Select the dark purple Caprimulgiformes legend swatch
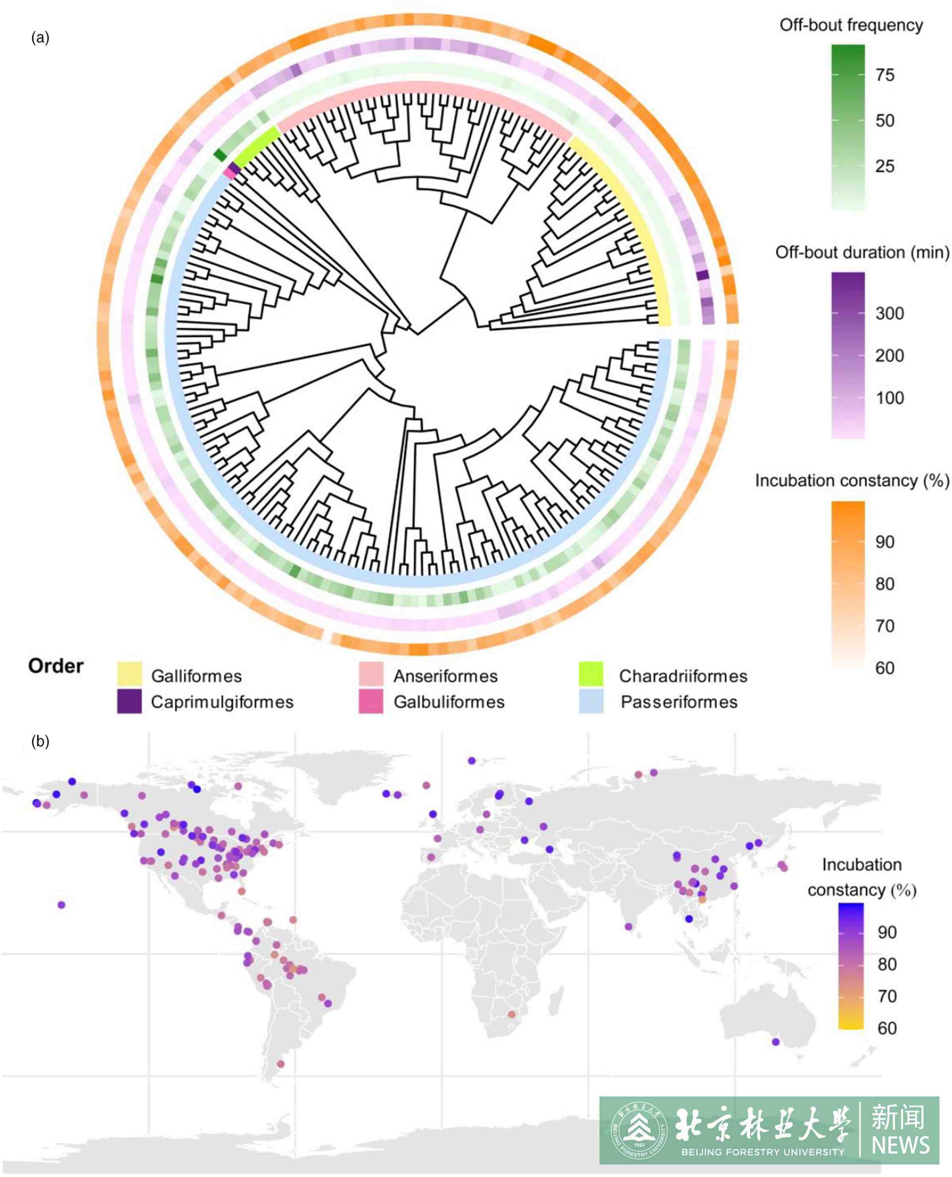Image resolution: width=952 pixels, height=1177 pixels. click(x=129, y=702)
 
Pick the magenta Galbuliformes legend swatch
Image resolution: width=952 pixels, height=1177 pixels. click(x=371, y=702)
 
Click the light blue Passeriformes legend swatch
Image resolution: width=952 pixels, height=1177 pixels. click(x=591, y=702)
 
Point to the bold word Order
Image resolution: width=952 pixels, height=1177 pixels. click(x=56, y=666)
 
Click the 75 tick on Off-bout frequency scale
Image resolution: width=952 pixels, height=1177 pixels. click(x=885, y=75)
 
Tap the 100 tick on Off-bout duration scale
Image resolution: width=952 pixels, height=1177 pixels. click(x=889, y=398)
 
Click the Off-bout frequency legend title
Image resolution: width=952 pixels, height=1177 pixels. click(x=851, y=25)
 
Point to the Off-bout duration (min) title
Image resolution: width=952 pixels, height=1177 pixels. click(x=862, y=253)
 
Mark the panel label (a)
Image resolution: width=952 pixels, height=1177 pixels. click(x=40, y=37)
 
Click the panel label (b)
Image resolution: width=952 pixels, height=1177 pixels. click(x=40, y=742)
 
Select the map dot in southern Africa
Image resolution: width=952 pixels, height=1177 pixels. click(x=512, y=1015)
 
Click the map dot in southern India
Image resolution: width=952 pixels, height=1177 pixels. click(x=628, y=927)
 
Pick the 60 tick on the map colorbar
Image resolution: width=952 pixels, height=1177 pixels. click(x=887, y=1028)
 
